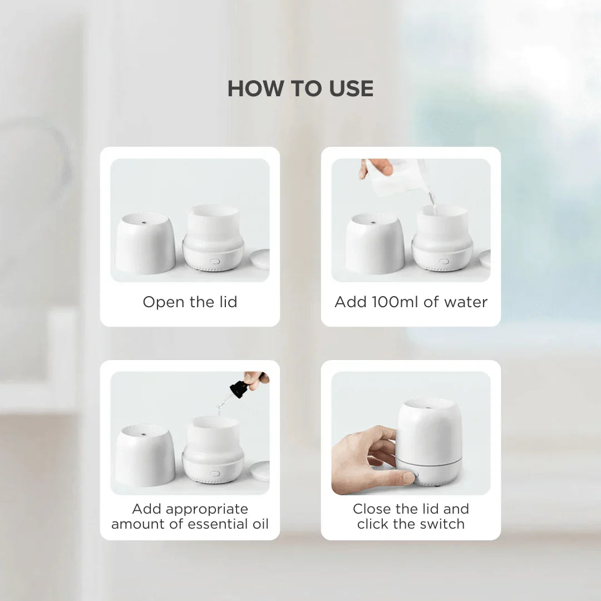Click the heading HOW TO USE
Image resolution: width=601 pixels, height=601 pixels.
click(300, 89)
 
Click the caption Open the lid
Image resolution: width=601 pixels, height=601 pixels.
click(190, 302)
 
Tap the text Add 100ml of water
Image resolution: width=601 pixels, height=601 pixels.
click(411, 302)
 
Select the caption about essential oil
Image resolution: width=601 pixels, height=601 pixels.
click(190, 516)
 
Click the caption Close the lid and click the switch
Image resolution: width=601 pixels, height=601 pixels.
click(411, 516)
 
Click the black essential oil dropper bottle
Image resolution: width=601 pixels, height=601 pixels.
click(239, 389)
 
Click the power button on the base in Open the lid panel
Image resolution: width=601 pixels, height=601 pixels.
click(215, 260)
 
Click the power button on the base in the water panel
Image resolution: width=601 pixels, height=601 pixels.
click(444, 260)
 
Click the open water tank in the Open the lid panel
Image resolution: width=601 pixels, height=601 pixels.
click(213, 223)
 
